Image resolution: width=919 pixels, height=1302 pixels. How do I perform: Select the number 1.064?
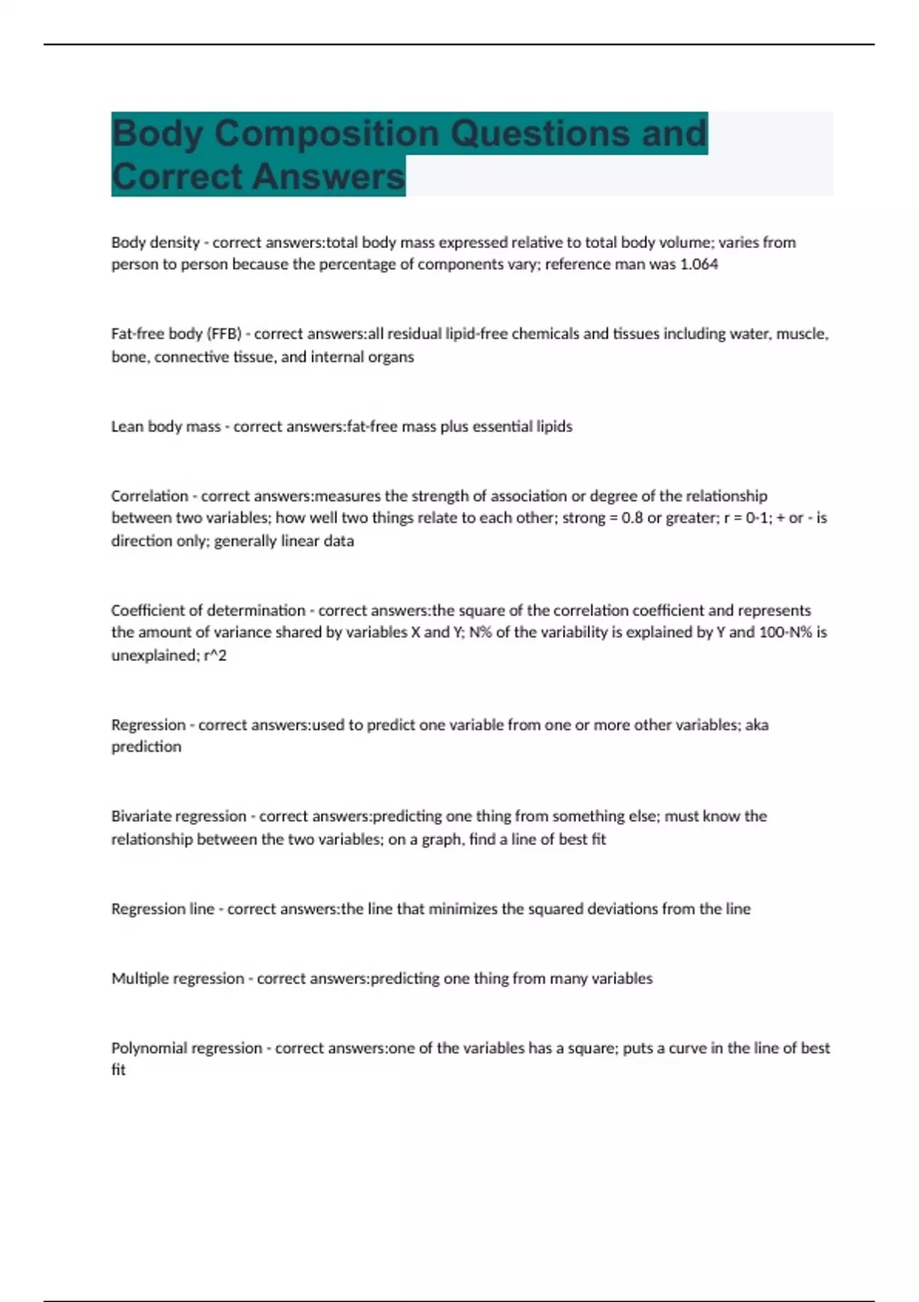699,264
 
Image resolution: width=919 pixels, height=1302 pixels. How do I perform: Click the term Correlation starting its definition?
149,496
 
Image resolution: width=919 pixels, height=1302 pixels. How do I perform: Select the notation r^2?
215,656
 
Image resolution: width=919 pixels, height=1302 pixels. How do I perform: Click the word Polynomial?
148,1048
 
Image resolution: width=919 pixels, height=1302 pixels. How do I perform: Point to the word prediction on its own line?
146,747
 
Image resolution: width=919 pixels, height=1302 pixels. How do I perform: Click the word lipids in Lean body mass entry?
554,427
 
